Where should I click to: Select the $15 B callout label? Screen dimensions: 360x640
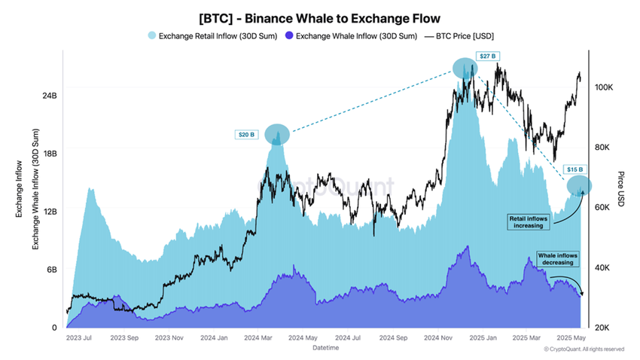(574, 170)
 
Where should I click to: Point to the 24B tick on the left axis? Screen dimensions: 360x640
(50, 96)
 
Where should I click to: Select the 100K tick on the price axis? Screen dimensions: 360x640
(604, 87)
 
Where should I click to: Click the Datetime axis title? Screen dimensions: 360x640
(325, 349)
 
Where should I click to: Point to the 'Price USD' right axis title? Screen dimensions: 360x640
(620, 189)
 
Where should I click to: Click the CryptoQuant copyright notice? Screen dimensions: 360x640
(584, 349)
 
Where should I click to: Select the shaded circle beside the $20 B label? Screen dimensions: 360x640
(277, 134)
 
